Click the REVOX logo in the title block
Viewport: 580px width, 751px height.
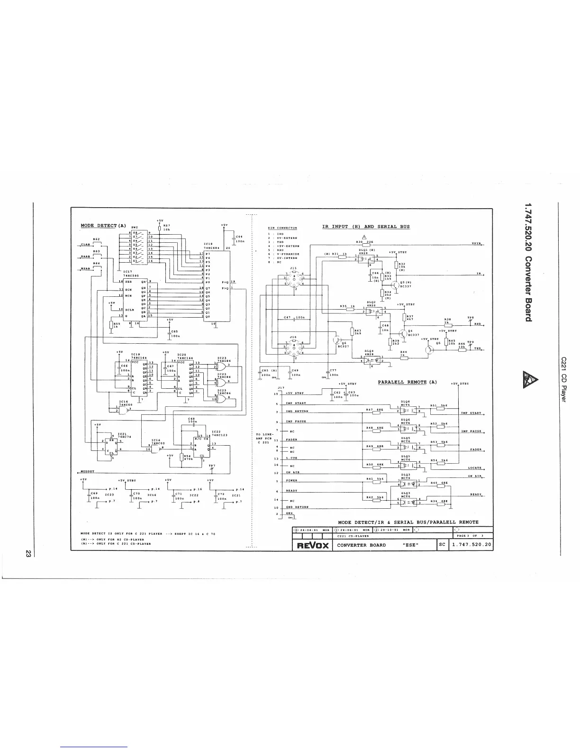pos(312,545)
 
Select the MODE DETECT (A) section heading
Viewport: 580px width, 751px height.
pos(99,225)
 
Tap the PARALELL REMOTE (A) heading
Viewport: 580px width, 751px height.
pos(407,382)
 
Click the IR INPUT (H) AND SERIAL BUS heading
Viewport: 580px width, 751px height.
pos(366,227)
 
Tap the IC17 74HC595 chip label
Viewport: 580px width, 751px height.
pos(130,273)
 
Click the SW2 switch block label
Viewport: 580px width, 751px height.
pos(134,228)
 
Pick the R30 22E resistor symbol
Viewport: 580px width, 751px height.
pos(365,245)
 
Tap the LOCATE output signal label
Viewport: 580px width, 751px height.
pos(474,467)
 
